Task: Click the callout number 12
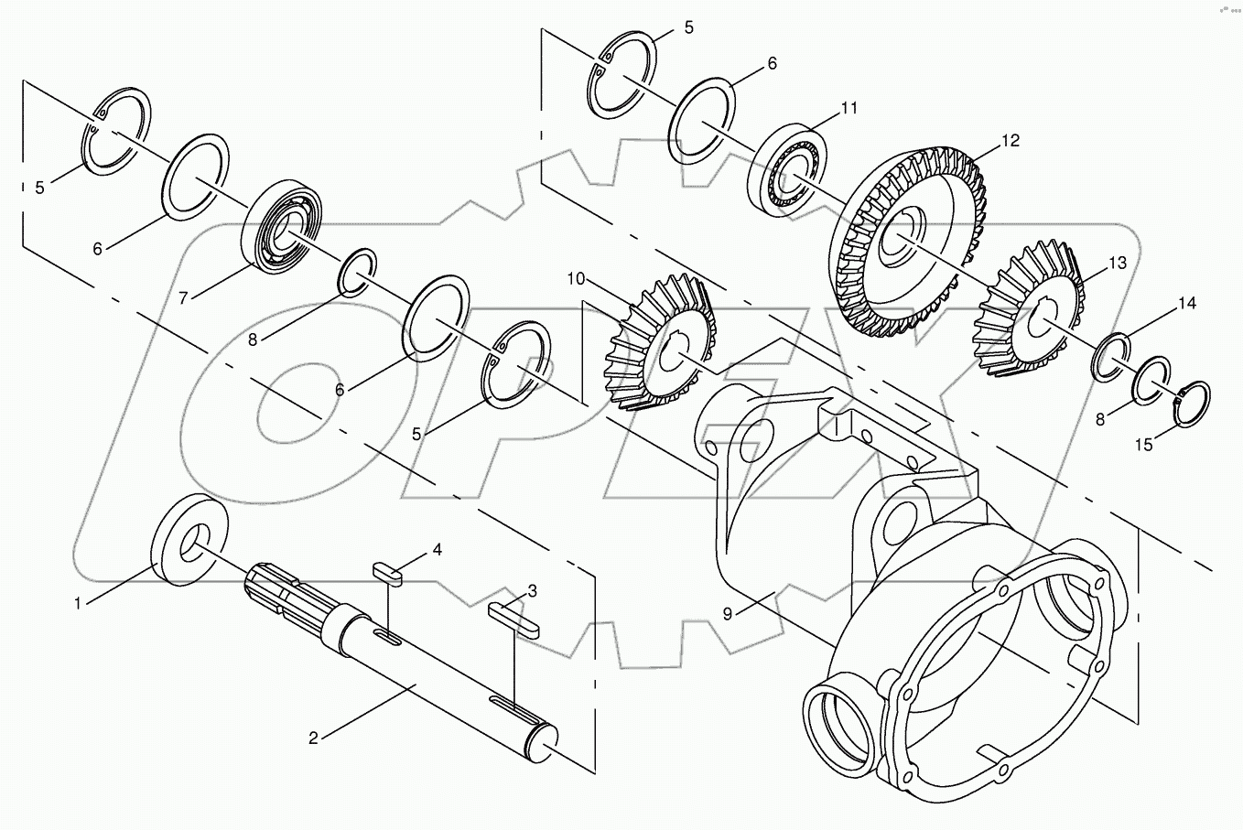tap(1010, 141)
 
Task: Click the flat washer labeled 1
tap(189, 539)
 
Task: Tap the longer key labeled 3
tap(513, 615)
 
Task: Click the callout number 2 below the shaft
tap(313, 738)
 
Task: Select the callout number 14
tap(1186, 303)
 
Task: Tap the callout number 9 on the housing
tap(727, 614)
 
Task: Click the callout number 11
tap(848, 108)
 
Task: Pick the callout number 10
tap(575, 277)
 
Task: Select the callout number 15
tap(1144, 446)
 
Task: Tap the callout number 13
tap(1118, 264)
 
